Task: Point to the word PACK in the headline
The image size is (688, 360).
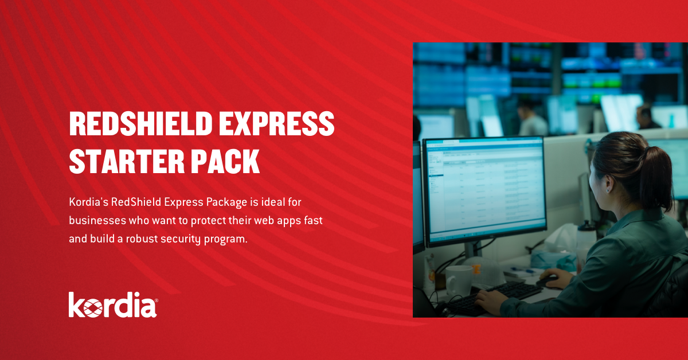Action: pos(229,161)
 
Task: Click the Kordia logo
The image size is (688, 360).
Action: pos(113,305)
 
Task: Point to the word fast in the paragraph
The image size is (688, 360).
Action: pos(315,221)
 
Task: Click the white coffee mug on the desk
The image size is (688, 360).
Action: pos(459,280)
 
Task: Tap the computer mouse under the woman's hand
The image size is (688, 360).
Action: pos(547,281)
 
